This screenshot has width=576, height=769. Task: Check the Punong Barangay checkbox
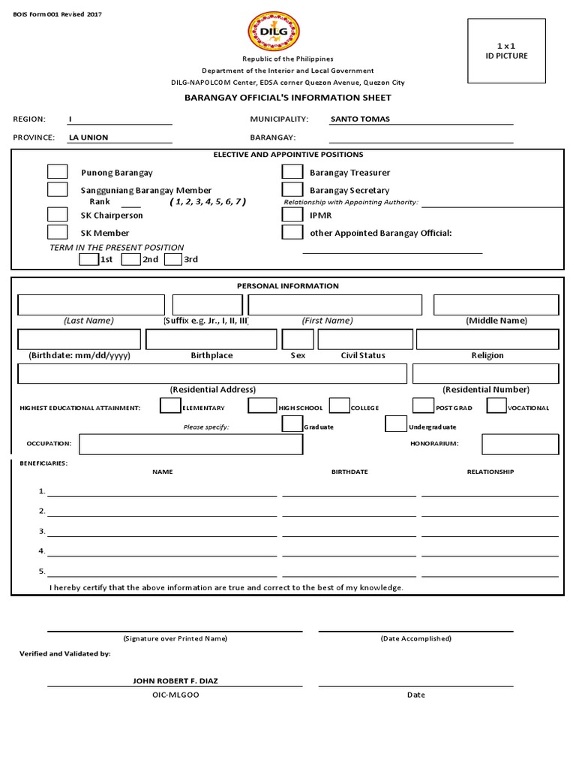point(58,172)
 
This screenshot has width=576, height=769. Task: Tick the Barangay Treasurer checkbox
point(292,172)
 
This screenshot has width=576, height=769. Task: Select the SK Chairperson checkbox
point(58,215)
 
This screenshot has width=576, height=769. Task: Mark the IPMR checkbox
point(292,215)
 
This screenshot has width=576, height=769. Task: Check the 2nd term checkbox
point(131,260)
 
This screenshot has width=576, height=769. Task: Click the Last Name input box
point(91,304)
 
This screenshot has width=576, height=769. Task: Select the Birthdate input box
point(79,339)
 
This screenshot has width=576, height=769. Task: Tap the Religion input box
point(487,339)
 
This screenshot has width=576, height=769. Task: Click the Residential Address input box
point(212,373)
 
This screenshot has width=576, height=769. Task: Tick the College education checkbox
point(340,406)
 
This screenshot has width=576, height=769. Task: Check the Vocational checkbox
point(496,406)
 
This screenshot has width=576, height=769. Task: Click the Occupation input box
point(190,444)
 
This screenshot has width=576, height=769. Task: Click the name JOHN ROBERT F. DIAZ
point(175,680)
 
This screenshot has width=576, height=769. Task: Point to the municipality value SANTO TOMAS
point(360,119)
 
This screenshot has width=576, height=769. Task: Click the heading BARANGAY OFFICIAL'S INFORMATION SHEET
point(289,98)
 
